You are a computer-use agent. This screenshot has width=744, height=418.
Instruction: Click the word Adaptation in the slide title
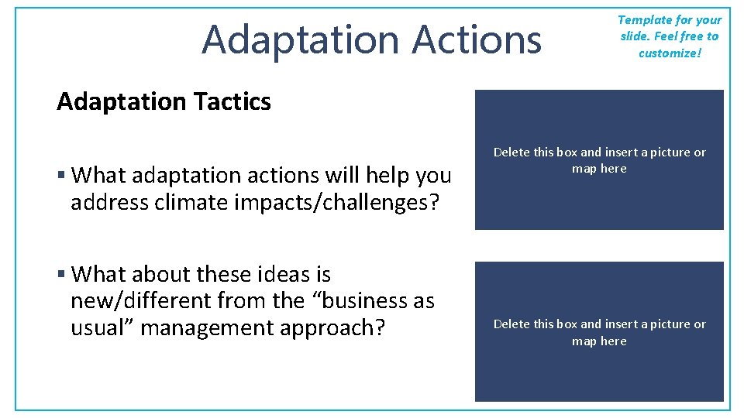coord(301,39)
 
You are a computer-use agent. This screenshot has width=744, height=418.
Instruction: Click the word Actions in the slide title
coord(477,39)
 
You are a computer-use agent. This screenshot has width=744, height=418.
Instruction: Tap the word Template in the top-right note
coord(642,20)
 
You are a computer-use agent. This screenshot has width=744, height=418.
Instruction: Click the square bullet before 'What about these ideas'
coord(61,275)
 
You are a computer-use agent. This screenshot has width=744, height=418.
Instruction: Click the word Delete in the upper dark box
coord(511,152)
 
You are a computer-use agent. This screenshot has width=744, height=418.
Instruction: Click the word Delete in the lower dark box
coord(511,324)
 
